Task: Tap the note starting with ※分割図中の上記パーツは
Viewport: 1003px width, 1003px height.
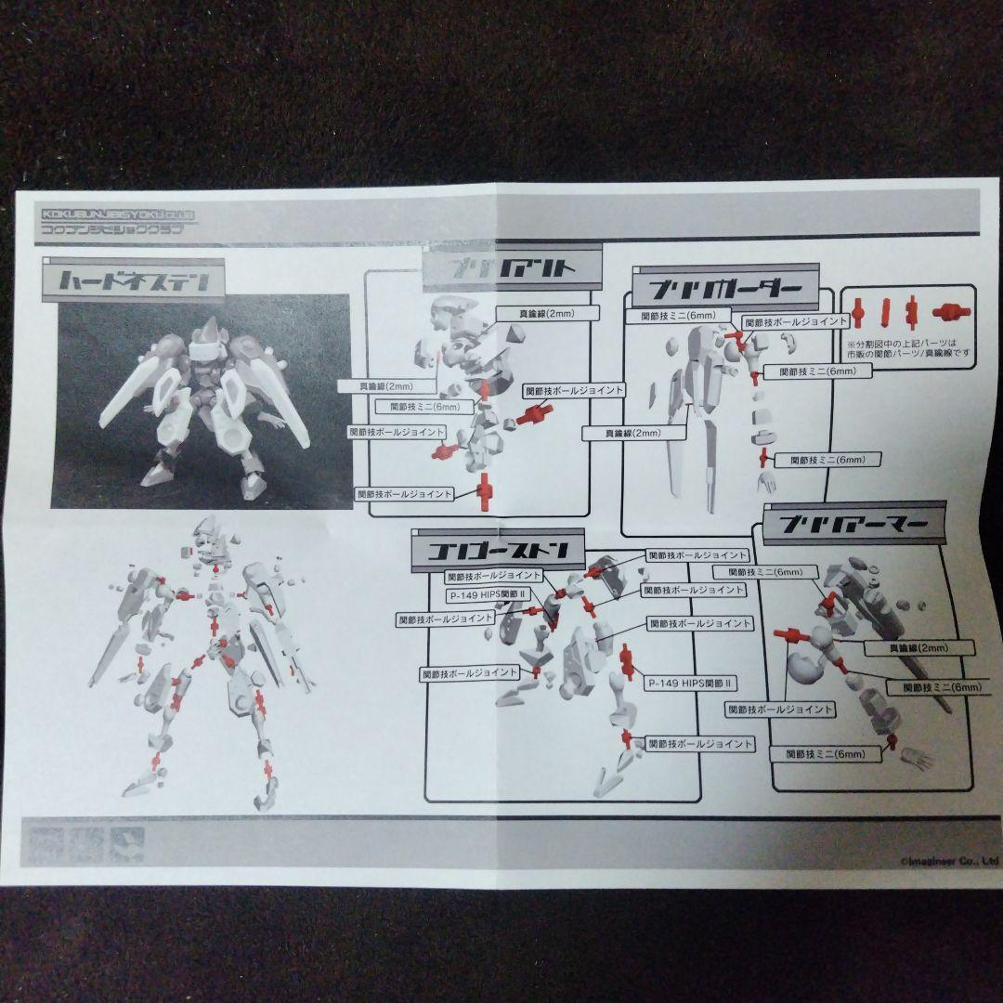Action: click(x=908, y=346)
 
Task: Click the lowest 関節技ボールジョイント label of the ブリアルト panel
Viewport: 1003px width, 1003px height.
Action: click(x=404, y=493)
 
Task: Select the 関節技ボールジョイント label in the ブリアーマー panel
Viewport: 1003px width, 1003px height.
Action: click(x=780, y=710)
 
